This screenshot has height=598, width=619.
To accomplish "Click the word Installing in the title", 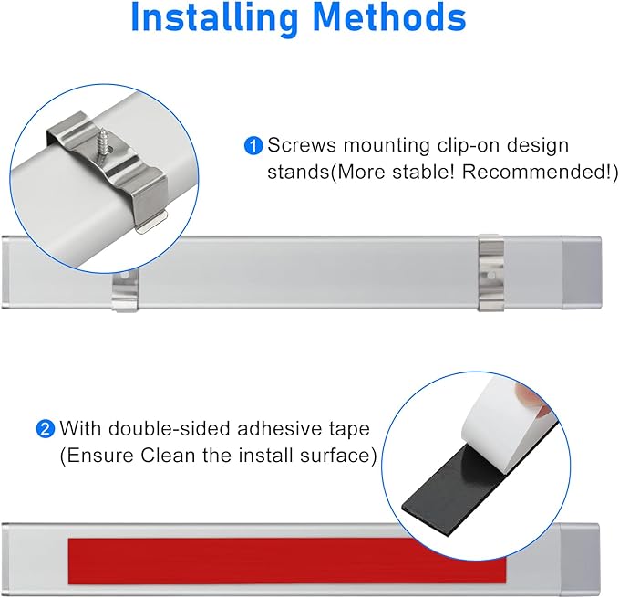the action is tap(214, 17).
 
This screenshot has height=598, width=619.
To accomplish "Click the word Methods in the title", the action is tap(389, 16).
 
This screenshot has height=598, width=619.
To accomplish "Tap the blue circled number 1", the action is tap(253, 146).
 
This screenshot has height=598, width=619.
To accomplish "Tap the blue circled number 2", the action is tap(45, 429).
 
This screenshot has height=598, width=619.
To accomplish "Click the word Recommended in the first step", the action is tap(536, 172).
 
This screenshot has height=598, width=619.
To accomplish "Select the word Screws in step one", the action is tap(302, 145).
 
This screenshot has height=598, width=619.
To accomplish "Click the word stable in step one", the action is tap(422, 172).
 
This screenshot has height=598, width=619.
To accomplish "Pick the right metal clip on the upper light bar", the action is tap(491, 273).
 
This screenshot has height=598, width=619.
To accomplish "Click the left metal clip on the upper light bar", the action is tap(125, 291).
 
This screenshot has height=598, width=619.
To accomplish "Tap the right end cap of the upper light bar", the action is tap(582, 272).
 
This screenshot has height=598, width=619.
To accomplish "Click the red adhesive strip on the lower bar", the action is tap(286, 561).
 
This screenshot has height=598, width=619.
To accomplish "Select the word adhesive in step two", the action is tap(280, 428).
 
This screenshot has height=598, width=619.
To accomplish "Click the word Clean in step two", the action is tap(169, 456).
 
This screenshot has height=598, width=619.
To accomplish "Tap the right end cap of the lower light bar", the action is tap(580, 560).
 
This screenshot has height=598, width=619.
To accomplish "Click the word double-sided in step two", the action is tap(170, 428).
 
